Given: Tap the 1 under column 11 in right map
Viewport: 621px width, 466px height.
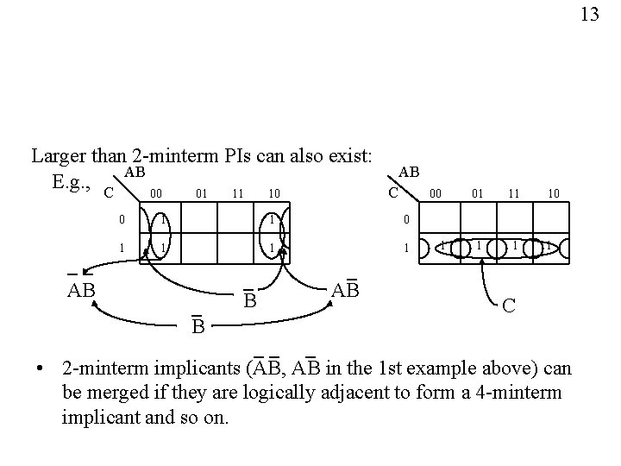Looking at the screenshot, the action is point(514,247).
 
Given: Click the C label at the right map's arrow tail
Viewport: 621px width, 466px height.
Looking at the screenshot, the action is point(511,306).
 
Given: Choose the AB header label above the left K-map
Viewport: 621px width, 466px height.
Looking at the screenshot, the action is point(134,173).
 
